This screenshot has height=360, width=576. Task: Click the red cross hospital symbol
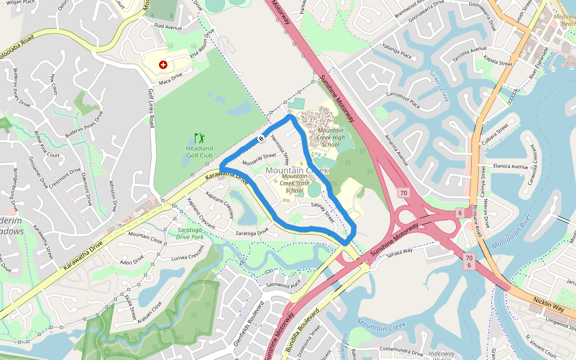point(163,64)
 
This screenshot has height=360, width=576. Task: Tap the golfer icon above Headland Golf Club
point(199,138)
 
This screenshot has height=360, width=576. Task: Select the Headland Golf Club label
point(199,152)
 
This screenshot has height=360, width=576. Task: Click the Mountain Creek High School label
point(331,137)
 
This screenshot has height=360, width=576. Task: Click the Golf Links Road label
point(151,108)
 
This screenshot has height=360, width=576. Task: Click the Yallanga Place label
point(397,55)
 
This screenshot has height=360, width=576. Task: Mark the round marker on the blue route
point(261,139)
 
